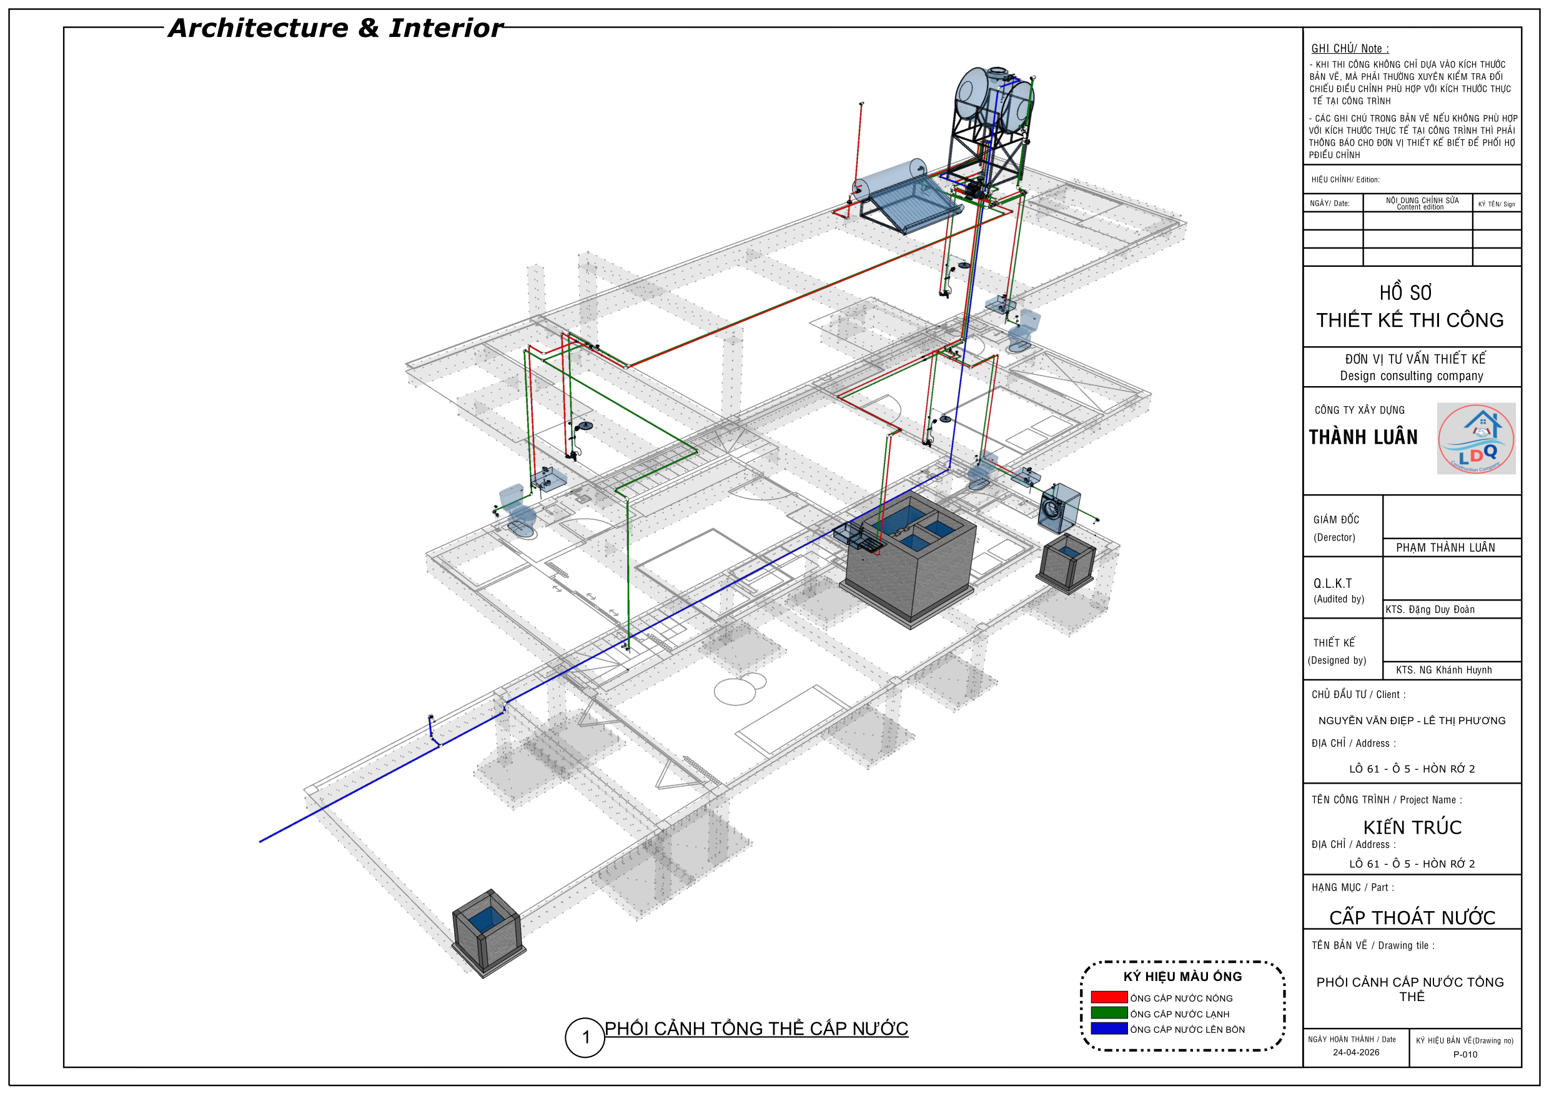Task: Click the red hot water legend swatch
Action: click(x=1109, y=997)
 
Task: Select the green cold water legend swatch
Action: click(x=1109, y=1012)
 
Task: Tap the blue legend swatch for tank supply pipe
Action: click(x=1109, y=1028)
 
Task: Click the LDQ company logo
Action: click(x=1475, y=438)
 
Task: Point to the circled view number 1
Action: click(x=585, y=1037)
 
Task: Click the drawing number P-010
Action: click(x=1465, y=1054)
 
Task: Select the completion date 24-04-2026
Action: click(x=1355, y=1052)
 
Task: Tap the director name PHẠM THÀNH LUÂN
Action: click(x=1445, y=547)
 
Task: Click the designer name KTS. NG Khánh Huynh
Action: click(x=1443, y=670)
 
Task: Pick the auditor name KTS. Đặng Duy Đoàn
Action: click(x=1430, y=609)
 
